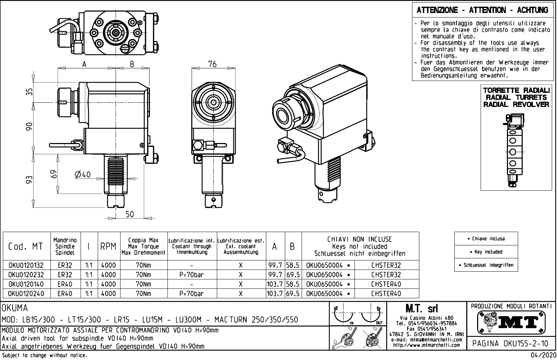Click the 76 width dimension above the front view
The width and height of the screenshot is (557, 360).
pyautogui.click(x=212, y=64)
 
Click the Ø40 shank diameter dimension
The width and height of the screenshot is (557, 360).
pyautogui.click(x=83, y=174)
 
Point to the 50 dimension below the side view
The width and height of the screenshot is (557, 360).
pyautogui.click(x=130, y=214)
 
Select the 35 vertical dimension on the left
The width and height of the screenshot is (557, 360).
pyautogui.click(x=30, y=91)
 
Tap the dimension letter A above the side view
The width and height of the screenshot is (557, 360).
pyautogui.click(x=84, y=64)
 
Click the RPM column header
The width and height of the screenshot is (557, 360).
pyautogui.click(x=108, y=246)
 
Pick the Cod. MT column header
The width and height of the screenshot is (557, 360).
pyautogui.click(x=26, y=246)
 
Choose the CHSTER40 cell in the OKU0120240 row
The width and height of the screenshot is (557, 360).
pyautogui.click(x=386, y=294)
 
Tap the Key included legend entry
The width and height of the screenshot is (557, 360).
pyautogui.click(x=486, y=252)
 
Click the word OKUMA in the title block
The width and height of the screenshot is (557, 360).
pyautogui.click(x=15, y=308)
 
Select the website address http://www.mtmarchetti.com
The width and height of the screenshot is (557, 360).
pyautogui.click(x=426, y=345)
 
